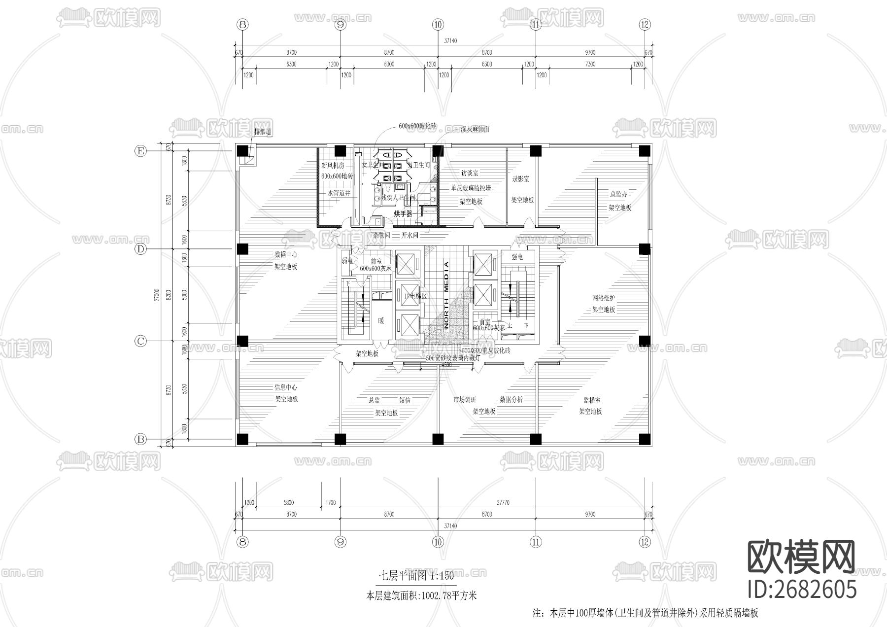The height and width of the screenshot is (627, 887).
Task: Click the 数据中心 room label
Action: point(286,255)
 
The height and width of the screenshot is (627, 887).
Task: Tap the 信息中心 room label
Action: point(286,387)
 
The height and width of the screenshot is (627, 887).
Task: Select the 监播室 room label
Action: point(592,400)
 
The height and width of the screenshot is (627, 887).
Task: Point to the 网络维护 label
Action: point(604,298)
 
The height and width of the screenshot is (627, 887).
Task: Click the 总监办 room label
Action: point(619,195)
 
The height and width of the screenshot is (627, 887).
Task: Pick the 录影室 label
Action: point(520,179)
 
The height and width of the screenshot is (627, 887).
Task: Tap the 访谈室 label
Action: point(470,173)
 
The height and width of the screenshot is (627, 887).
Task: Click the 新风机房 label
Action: point(333,166)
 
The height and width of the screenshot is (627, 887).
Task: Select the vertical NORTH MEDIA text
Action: point(446,295)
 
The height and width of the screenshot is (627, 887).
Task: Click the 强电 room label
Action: point(517,257)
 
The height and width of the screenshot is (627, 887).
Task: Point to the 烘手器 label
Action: point(403,214)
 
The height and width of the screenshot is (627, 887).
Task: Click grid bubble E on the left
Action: point(141,151)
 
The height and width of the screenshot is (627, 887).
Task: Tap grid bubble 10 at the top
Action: point(438,24)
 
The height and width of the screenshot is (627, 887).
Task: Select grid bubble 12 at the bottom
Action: point(645,542)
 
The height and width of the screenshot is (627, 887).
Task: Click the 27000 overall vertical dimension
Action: point(156,295)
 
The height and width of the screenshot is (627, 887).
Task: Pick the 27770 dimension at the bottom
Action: point(503,503)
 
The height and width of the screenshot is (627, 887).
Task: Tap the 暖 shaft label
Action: point(381,321)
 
